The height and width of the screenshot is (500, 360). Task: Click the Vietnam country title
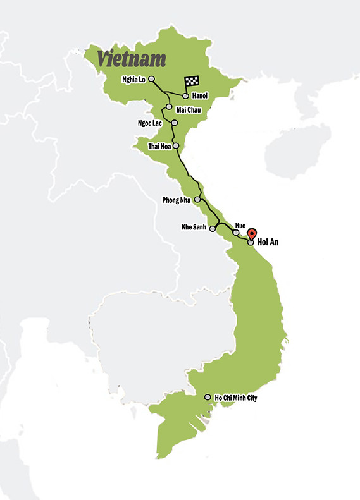pyautogui.click(x=132, y=59)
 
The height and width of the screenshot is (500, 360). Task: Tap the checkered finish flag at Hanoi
pyautogui.click(x=190, y=83)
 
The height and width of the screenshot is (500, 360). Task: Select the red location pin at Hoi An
pyautogui.click(x=252, y=233)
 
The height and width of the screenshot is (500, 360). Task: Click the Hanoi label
pyautogui.click(x=200, y=96)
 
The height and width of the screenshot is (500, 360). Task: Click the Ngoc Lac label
pyautogui.click(x=150, y=123)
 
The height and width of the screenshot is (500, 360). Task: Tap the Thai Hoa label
pyautogui.click(x=159, y=146)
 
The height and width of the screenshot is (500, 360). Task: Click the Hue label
pyautogui.click(x=240, y=225)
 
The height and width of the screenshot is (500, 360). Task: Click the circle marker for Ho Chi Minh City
pyautogui.click(x=208, y=398)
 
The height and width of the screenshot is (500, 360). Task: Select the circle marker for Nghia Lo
pyautogui.click(x=151, y=79)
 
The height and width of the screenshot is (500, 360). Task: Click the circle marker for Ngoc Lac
pyautogui.click(x=174, y=123)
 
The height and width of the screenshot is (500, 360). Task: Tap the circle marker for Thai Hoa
pyautogui.click(x=176, y=146)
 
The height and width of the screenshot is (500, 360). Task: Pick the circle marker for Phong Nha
pyautogui.click(x=197, y=200)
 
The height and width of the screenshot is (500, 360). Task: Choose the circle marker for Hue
pyautogui.click(x=236, y=233)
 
